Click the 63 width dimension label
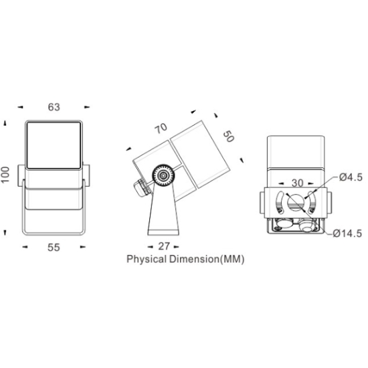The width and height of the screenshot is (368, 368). [x=54, y=107]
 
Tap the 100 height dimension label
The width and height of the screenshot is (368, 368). [x=5, y=175]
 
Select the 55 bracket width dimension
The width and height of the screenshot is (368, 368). [x=54, y=248]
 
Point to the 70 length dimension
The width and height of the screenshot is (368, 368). [x=161, y=128]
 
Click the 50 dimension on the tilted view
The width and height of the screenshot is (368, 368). [x=228, y=136]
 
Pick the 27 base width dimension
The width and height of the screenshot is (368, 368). [x=164, y=246]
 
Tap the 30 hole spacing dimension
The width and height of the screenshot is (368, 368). [x=297, y=183]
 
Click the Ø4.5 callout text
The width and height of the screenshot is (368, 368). [x=351, y=177]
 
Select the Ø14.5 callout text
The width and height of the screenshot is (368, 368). [x=347, y=234]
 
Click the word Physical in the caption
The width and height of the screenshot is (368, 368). [x=147, y=260]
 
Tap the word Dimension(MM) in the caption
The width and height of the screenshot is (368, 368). [x=207, y=259]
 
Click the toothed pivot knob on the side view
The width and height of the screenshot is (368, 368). [x=163, y=175]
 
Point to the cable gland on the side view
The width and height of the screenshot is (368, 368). [x=141, y=187]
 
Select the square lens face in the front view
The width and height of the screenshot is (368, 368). [x=54, y=145]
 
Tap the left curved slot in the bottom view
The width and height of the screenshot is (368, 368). [x=280, y=202]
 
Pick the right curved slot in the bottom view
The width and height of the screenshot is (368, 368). [x=312, y=202]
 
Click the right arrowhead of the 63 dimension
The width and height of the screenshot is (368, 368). [x=87, y=107]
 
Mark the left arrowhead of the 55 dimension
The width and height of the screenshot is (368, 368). [x=25, y=247]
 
